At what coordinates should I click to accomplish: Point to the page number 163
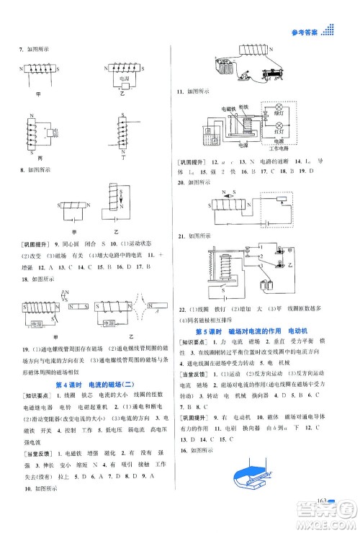(324, 520)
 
